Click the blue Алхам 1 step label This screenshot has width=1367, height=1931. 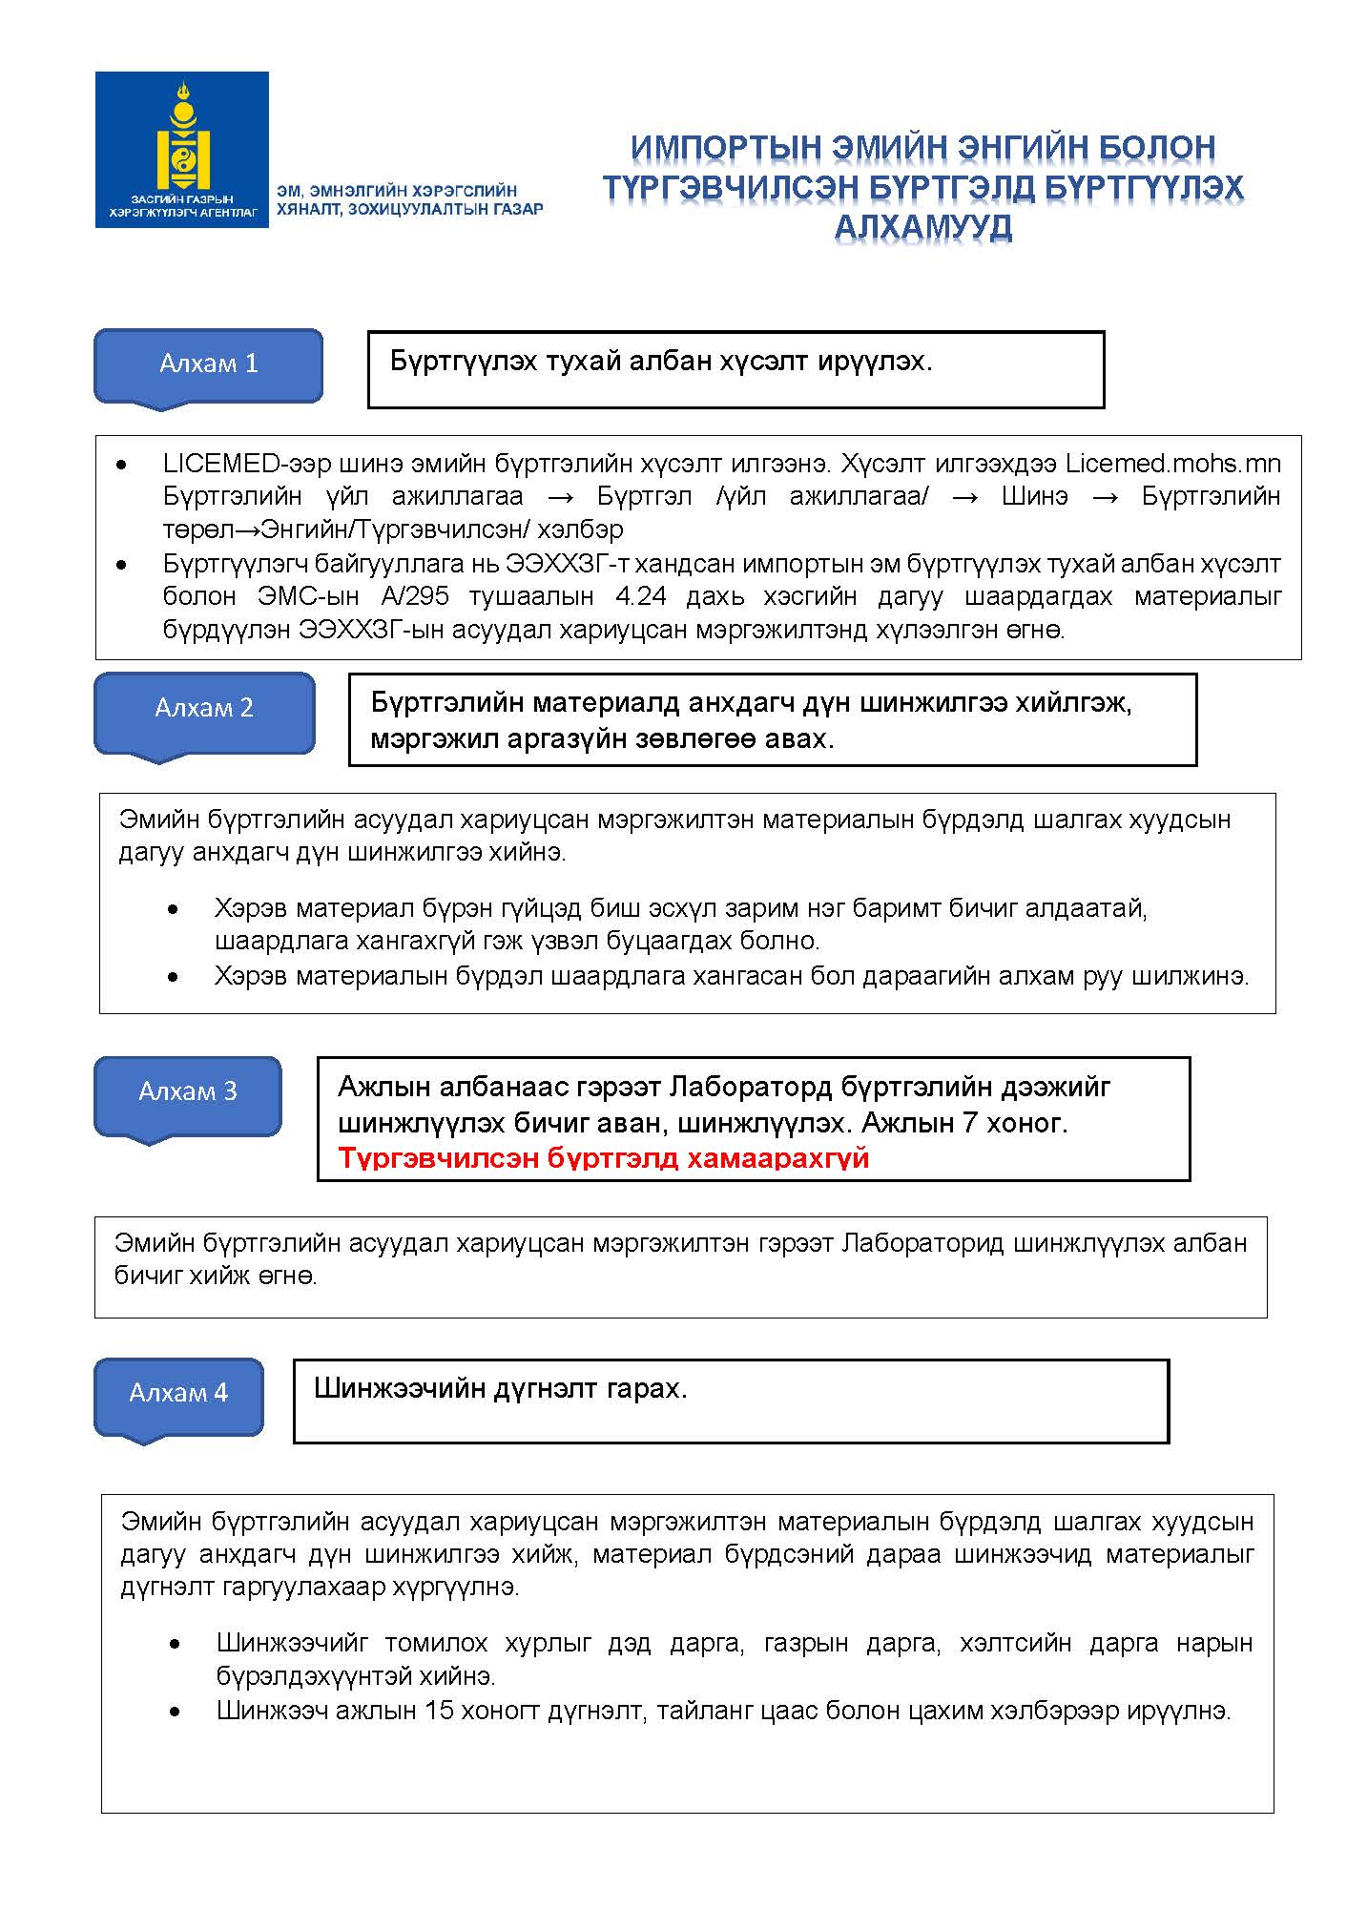[x=208, y=363]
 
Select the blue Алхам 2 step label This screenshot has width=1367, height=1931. [x=204, y=708]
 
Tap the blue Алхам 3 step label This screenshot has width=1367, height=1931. [x=187, y=1091]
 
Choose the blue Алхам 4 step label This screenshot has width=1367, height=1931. [x=178, y=1393]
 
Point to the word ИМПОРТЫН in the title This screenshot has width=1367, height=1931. [x=725, y=148]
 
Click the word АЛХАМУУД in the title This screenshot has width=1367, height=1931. [x=922, y=228]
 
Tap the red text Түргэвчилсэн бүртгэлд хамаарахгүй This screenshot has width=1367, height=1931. [x=603, y=1158]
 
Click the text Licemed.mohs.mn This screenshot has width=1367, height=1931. [x=1172, y=464]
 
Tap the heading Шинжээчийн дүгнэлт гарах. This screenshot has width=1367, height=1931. [x=500, y=1389]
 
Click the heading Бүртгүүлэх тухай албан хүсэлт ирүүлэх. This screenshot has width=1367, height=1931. [x=660, y=362]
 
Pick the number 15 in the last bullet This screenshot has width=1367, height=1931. [x=439, y=1711]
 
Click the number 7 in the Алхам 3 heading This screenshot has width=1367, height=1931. [x=969, y=1123]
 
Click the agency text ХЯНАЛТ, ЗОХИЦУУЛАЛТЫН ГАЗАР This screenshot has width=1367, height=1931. [x=409, y=209]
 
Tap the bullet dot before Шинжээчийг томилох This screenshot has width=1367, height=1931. [x=174, y=1644]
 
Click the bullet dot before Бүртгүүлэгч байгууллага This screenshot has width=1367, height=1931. [x=121, y=565]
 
